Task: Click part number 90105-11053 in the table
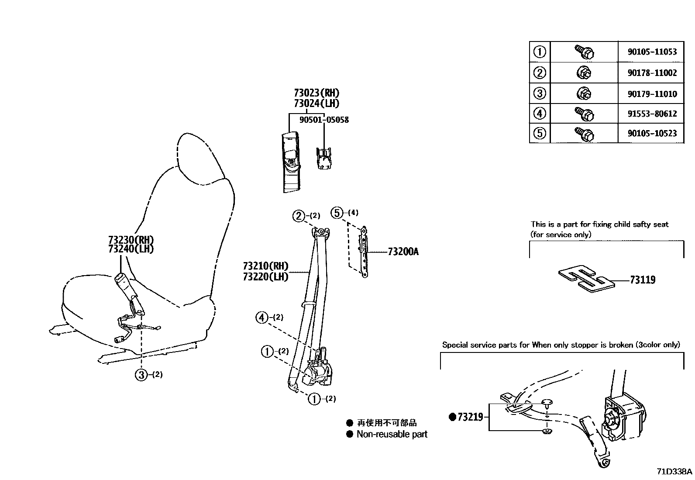coord(652,52)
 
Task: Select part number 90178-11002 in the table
coord(652,73)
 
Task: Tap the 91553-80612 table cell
coord(652,114)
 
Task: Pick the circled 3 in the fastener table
coord(540,93)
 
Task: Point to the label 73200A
coord(403,252)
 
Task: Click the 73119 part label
coord(643,280)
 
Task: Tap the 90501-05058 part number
coord(324,120)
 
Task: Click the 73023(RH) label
coord(317,93)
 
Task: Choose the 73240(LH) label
coord(131,249)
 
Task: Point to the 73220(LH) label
coord(265,276)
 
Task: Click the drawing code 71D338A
coord(674,472)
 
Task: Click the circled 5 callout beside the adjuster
coord(337,213)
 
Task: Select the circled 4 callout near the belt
coord(261,318)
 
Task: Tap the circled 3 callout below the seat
coord(141,375)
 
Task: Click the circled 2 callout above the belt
coord(299,216)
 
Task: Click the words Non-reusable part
coord(392,434)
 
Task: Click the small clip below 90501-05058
coord(323,159)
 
